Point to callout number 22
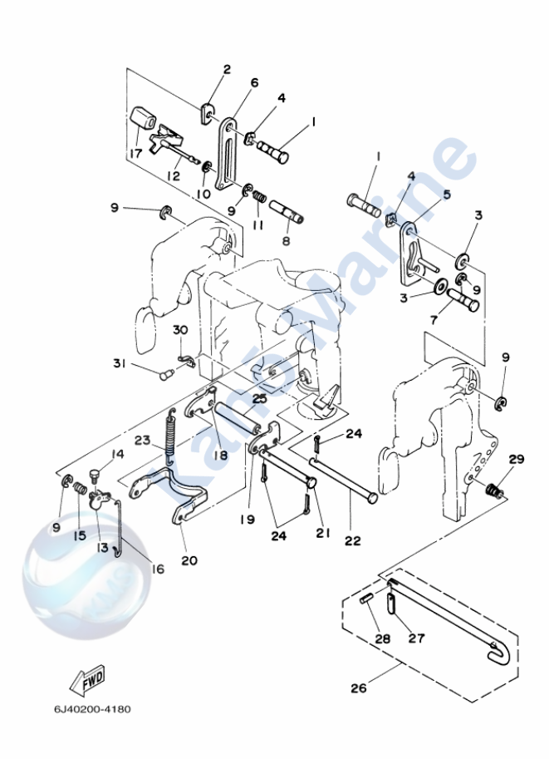pos(353,540)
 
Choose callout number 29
pos(516,460)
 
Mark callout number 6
pos(254,82)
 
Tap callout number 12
pos(173,176)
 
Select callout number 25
pos(259,398)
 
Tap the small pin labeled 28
pos(368,600)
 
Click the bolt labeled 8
pos(286,205)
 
